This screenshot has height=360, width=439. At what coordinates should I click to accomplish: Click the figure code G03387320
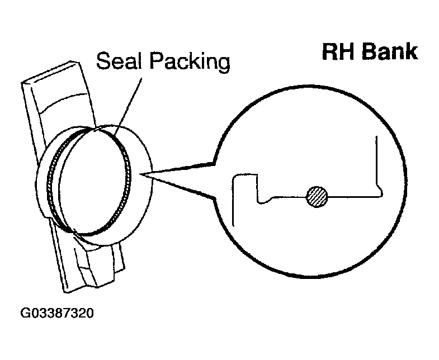(57, 313)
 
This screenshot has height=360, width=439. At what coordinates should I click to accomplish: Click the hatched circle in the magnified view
(317, 197)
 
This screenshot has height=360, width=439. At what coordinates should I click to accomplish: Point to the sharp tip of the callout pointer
(143, 176)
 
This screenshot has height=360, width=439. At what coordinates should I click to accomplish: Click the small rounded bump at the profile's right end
(381, 192)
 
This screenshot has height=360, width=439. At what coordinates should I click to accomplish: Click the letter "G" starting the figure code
(26, 313)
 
